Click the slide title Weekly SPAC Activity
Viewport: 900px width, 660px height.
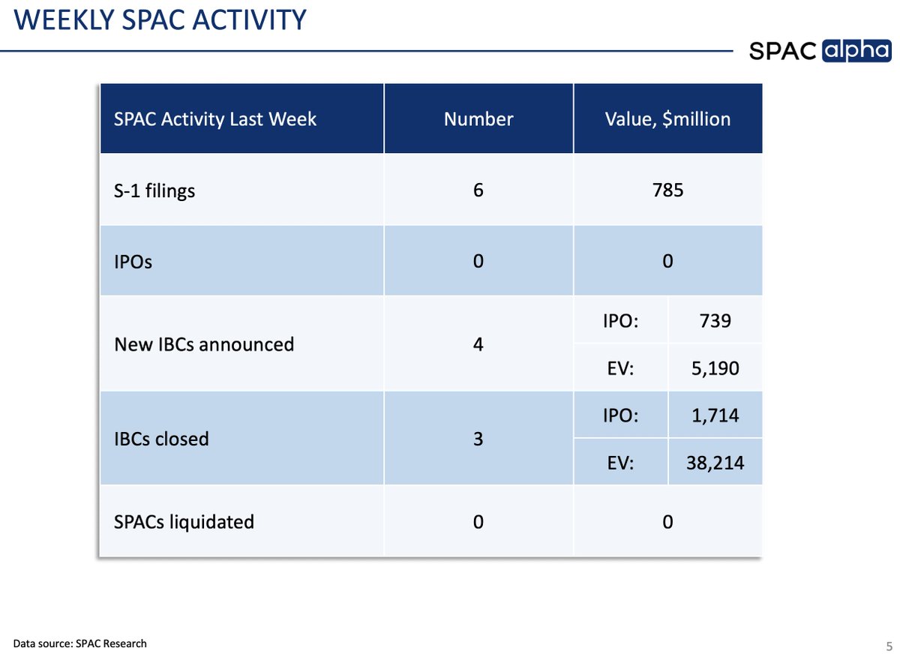pos(160,19)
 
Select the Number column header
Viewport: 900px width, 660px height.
pos(478,119)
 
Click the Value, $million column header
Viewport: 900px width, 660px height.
pos(667,119)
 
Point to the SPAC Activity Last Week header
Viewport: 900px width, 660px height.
pos(215,119)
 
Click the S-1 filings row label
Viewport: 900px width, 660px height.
pos(154,190)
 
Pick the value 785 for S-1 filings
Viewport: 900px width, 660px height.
pos(667,190)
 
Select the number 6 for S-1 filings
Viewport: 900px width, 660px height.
pos(478,190)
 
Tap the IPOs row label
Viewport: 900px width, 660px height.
pos(133,262)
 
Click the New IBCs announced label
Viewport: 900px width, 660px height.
pos(204,344)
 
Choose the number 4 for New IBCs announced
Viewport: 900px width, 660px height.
pos(478,344)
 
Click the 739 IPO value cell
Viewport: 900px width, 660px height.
pos(715,320)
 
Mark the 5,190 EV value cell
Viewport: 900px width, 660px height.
pos(715,368)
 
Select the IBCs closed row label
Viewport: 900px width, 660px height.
pos(161,439)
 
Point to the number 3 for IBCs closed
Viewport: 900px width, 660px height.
pos(478,439)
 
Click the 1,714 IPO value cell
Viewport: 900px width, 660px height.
pos(715,415)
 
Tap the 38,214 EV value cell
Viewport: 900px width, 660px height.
pos(715,463)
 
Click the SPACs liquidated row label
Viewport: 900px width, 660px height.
pos(184,521)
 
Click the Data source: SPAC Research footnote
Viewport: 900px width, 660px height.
pos(79,643)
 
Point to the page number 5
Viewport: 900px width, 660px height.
pos(888,645)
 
